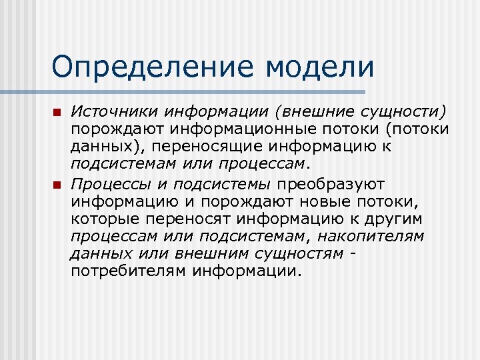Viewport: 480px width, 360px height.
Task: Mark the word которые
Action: [x=103, y=219]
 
